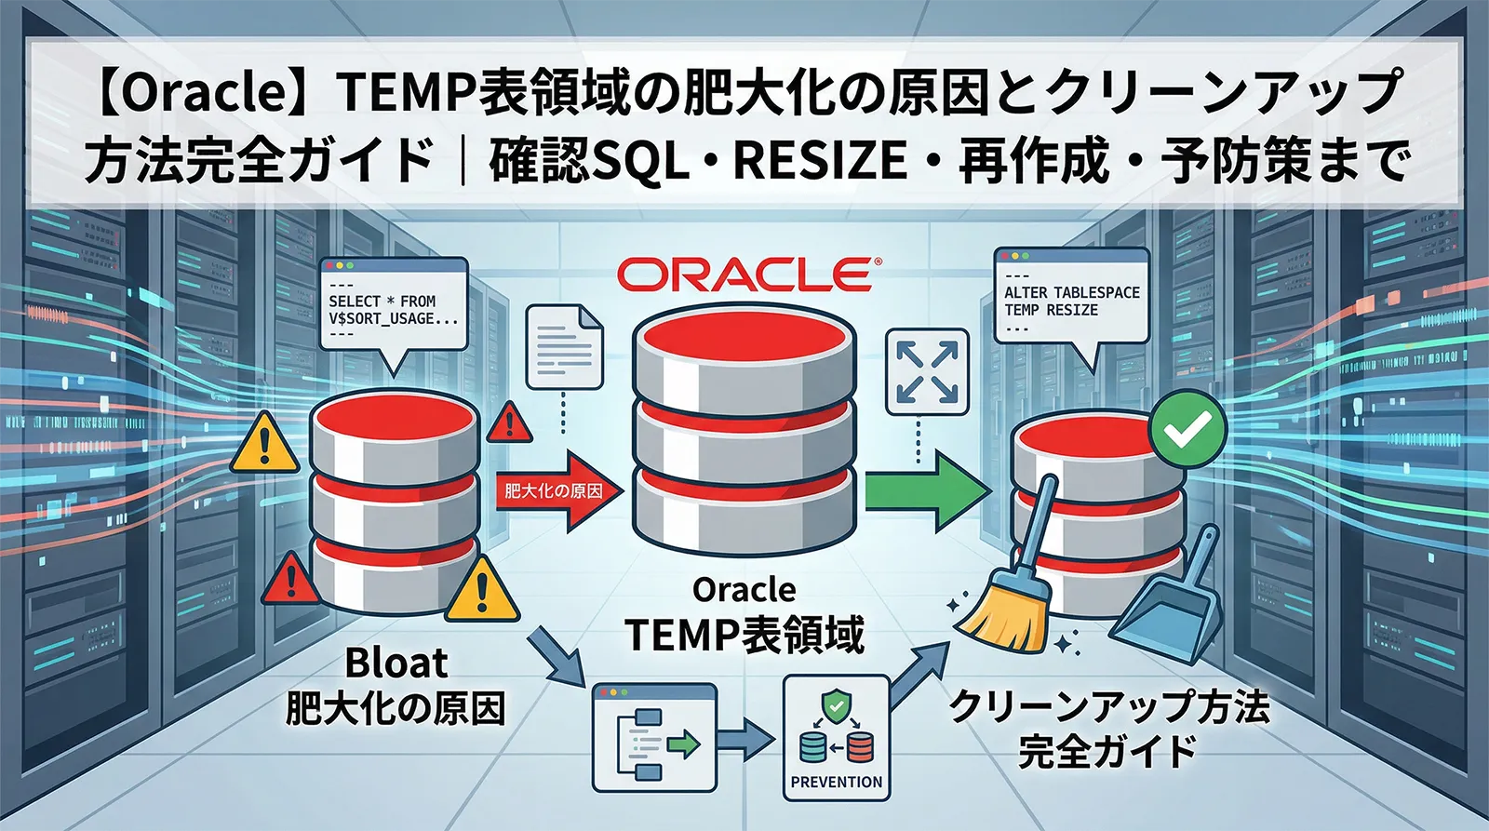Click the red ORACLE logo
(744, 275)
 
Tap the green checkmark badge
(1187, 429)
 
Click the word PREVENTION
(836, 782)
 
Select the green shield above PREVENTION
(836, 705)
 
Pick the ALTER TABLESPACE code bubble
(1071, 298)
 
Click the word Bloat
(396, 663)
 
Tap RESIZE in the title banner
(820, 160)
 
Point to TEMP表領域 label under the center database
(744, 635)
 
